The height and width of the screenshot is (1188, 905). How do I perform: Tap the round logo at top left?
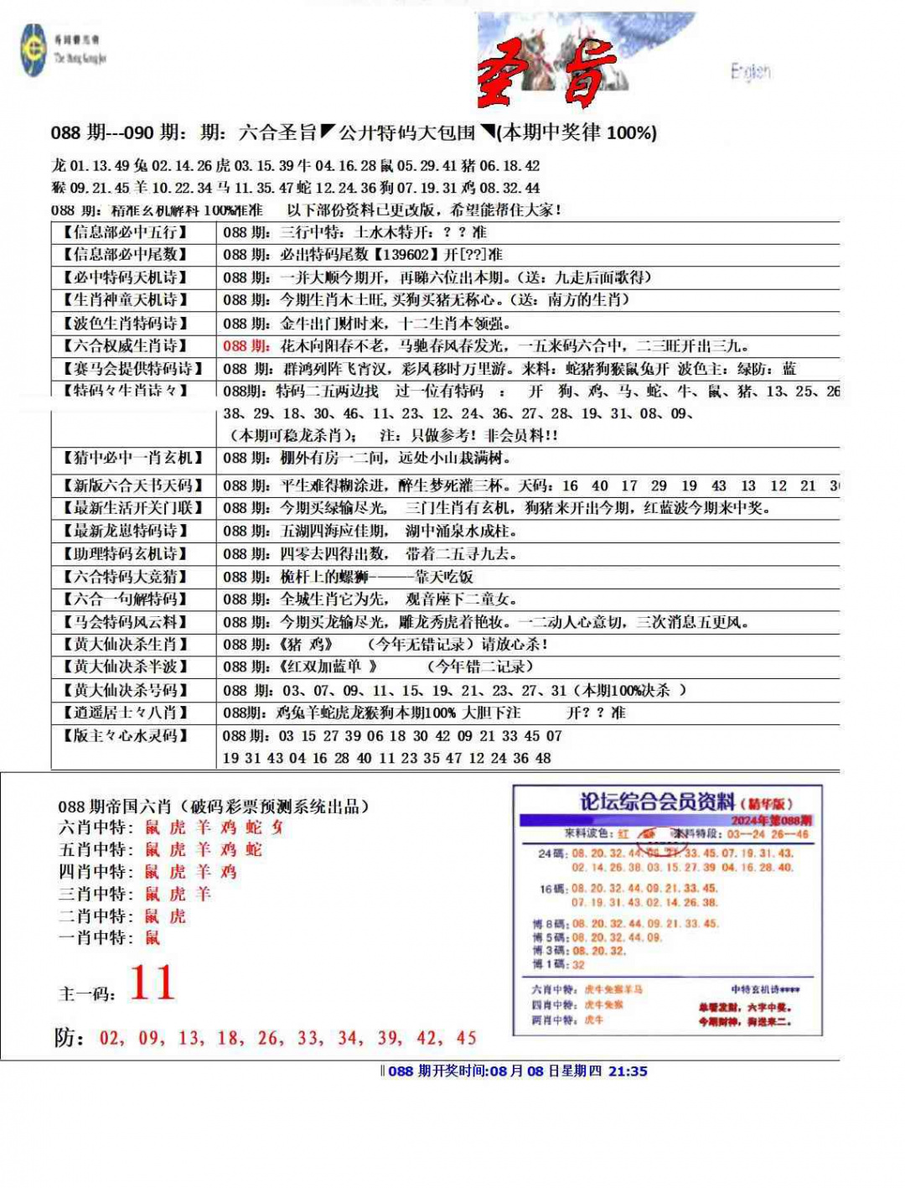(34, 50)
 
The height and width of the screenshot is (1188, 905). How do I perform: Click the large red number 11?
(153, 983)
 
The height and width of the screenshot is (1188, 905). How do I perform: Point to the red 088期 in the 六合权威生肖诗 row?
(246, 345)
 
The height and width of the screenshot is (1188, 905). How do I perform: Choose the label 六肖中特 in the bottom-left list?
(92, 827)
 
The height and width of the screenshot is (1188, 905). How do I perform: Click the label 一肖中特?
(92, 937)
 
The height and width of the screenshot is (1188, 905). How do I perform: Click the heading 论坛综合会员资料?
(657, 802)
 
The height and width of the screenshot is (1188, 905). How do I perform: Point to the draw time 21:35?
(628, 1071)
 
